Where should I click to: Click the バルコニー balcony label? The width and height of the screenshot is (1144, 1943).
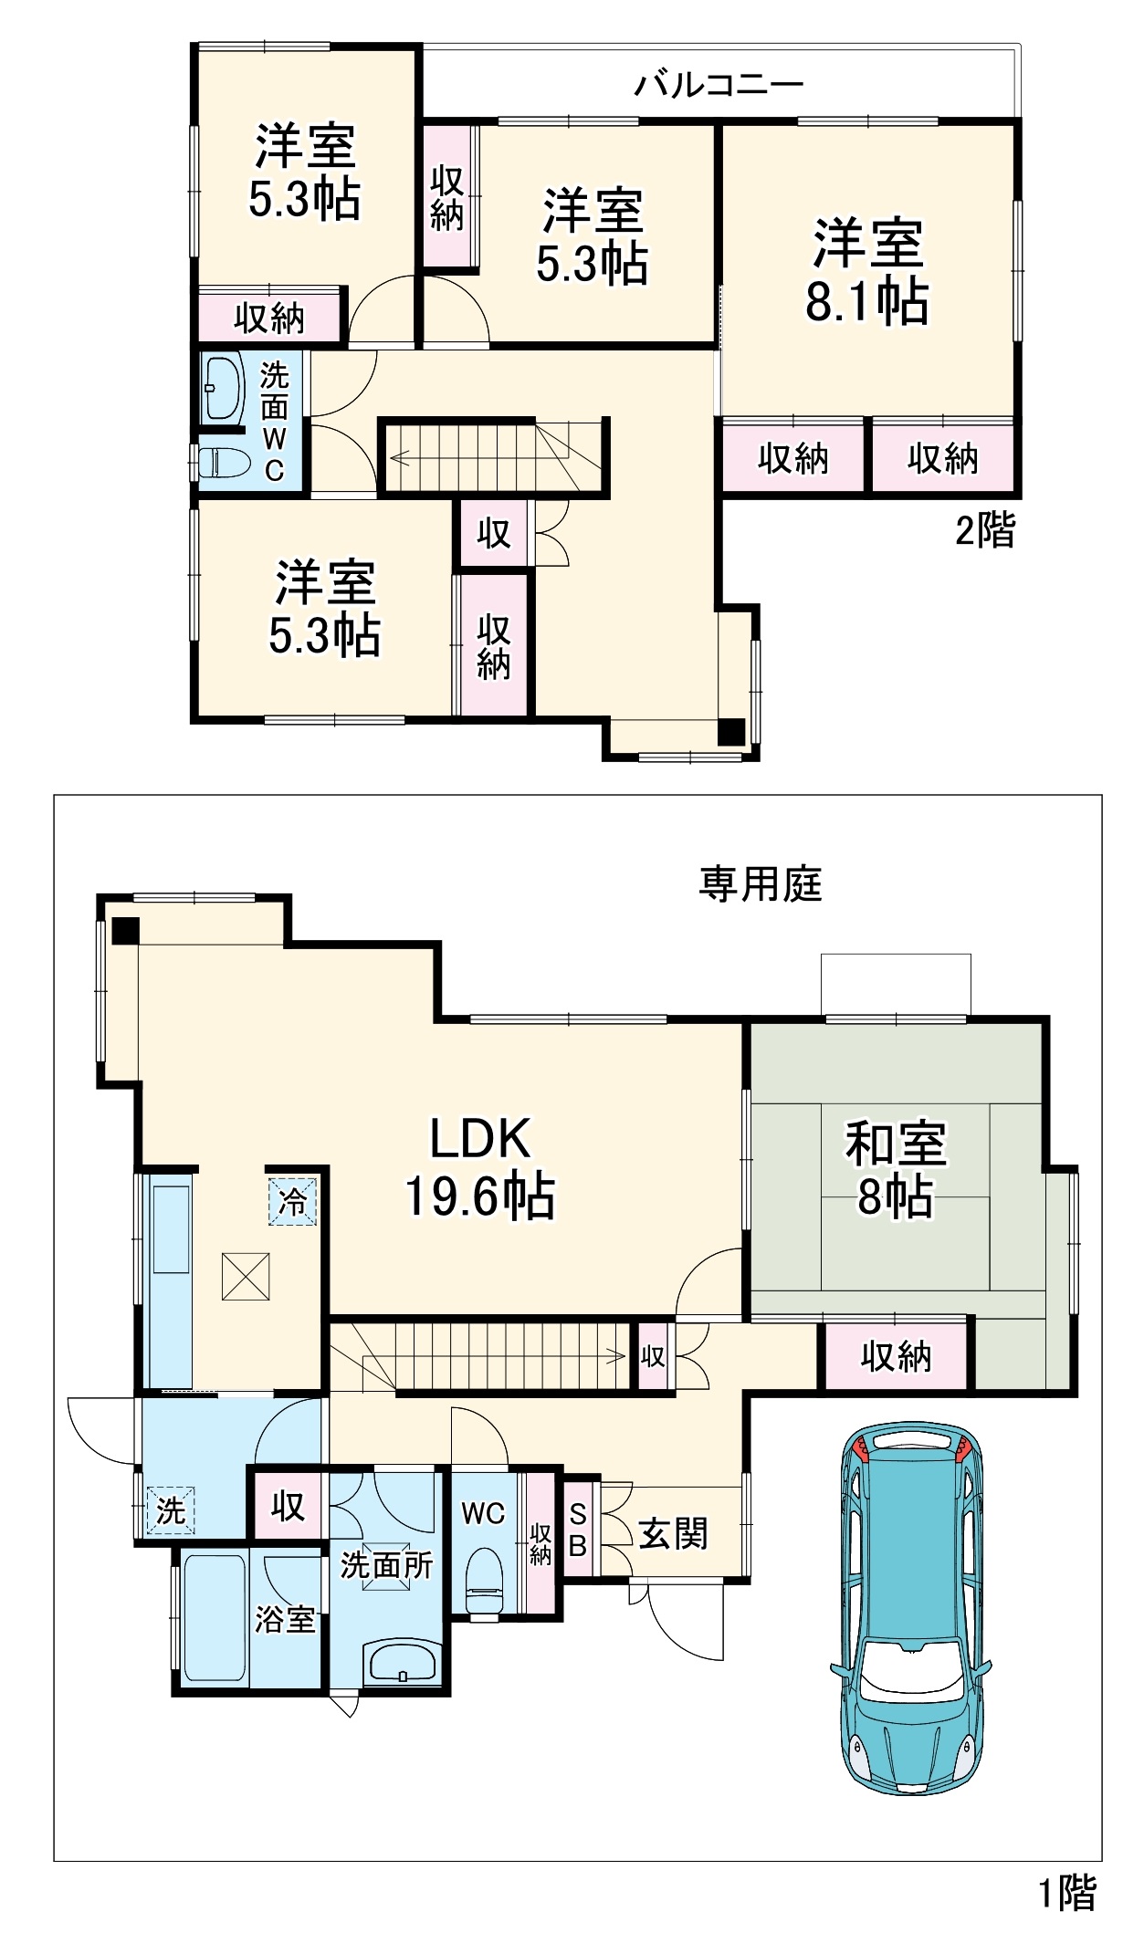pos(719,84)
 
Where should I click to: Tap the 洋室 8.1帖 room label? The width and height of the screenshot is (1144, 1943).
pos(867,271)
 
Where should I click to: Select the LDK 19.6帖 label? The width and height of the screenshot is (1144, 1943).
pos(480,1166)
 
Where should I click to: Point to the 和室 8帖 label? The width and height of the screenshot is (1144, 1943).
pos(896,1169)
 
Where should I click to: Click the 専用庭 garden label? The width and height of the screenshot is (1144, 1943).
pos(761,884)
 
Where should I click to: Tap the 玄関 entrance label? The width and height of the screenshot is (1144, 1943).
pos(673,1533)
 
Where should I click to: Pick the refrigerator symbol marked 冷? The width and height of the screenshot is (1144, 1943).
pos(292,1201)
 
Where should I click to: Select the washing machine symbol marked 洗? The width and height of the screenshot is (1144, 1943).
pos(171,1510)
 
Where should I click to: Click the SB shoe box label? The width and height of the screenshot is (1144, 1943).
pos(577,1530)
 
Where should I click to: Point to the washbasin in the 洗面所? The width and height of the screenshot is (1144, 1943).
pos(402,1661)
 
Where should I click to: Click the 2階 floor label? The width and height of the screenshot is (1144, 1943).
pos(985,530)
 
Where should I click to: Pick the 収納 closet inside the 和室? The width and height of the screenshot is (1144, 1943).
pos(896,1357)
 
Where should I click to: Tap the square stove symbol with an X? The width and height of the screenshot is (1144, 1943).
pos(246,1277)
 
